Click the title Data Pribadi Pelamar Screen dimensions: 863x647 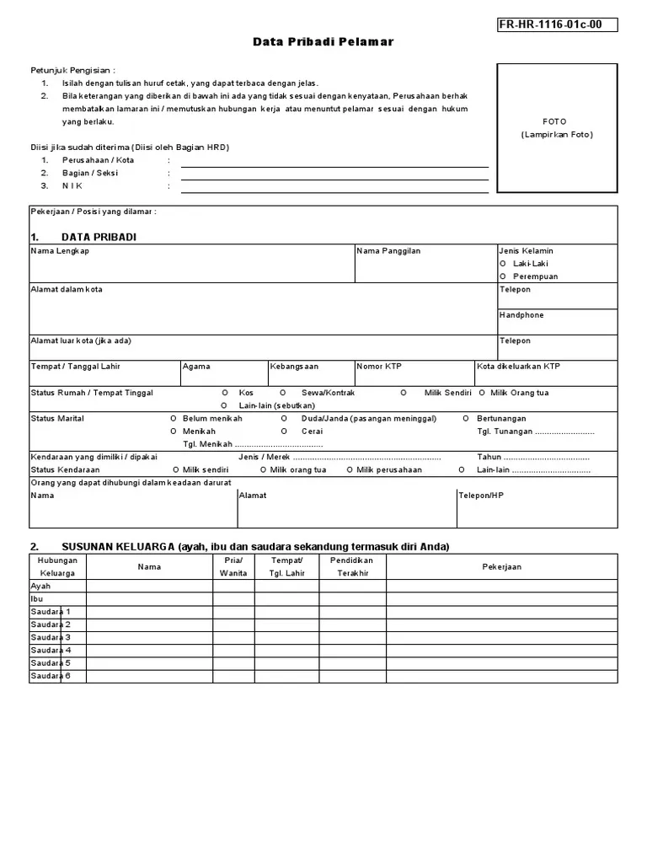point(323,41)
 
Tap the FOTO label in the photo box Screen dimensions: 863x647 point(555,121)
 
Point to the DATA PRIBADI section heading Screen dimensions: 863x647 point(99,237)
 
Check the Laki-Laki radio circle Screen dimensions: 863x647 point(503,264)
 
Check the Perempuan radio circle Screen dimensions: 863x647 point(503,276)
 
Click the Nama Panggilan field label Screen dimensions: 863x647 point(388,251)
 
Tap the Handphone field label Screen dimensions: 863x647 point(521,315)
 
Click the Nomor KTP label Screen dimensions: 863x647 point(380,367)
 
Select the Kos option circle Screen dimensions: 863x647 point(224,393)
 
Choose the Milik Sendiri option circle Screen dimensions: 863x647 point(404,393)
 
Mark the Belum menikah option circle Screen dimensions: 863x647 point(174,419)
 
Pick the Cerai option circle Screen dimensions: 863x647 point(284,431)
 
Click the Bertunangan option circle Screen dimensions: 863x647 point(466,419)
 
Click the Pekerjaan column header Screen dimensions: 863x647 point(501,567)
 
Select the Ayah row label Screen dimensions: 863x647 point(40,586)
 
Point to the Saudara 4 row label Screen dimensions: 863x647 point(51,651)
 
